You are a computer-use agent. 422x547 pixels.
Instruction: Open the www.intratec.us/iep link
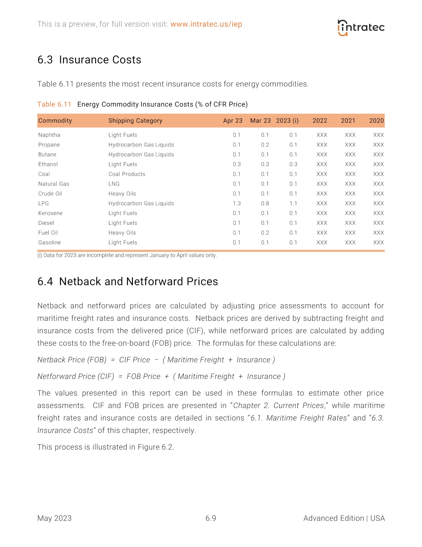pos(206,24)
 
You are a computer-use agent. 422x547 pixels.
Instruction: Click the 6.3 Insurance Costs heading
pos(89,60)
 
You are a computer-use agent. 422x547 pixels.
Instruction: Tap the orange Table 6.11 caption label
pos(54,104)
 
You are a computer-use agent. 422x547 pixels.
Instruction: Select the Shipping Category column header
pos(135,121)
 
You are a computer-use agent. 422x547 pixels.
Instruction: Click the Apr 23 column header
pos(233,121)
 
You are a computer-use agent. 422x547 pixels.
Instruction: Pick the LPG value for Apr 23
pos(236,203)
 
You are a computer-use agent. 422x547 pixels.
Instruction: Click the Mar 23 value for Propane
pos(265,145)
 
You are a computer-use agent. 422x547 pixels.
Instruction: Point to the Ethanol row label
pos(48,164)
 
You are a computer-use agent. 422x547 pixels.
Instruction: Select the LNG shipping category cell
pos(114,184)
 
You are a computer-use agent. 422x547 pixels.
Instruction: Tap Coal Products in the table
pos(127,174)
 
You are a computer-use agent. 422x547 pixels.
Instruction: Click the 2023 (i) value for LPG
pos(293,203)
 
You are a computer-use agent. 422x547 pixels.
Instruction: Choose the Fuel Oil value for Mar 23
pos(265,233)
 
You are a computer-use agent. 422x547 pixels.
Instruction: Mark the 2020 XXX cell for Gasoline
pos(378,243)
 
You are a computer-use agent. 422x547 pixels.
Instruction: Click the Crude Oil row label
pos(50,194)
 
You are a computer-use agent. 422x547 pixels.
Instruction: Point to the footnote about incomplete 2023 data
pos(127,255)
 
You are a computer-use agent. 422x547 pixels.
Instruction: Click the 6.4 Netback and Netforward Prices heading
pos(128,282)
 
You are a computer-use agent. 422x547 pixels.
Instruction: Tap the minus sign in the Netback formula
pos(156,360)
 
